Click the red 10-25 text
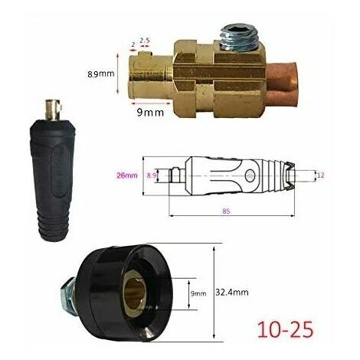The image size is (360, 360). tap(285, 329)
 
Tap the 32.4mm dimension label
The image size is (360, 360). tap(232, 292)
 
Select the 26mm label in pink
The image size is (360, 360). tap(127, 175)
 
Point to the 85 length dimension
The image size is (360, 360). tap(226, 211)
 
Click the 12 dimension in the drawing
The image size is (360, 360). tap(320, 175)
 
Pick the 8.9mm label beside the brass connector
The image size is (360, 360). tap(101, 74)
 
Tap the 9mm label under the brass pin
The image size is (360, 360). tap(150, 113)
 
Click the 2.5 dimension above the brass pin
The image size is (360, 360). tap(144, 40)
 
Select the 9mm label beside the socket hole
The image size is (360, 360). tap(198, 293)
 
